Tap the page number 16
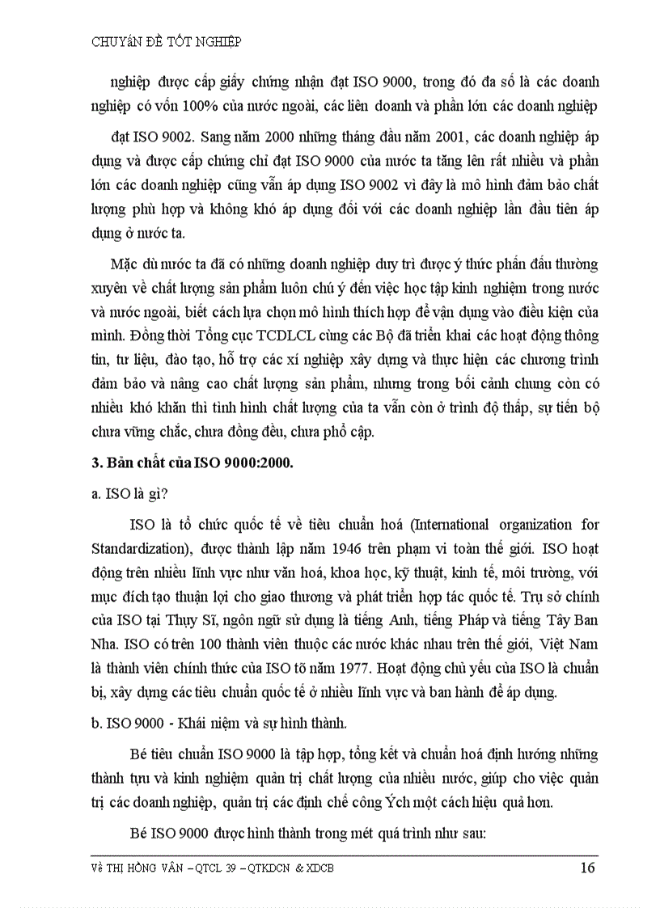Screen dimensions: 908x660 pos(587,868)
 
